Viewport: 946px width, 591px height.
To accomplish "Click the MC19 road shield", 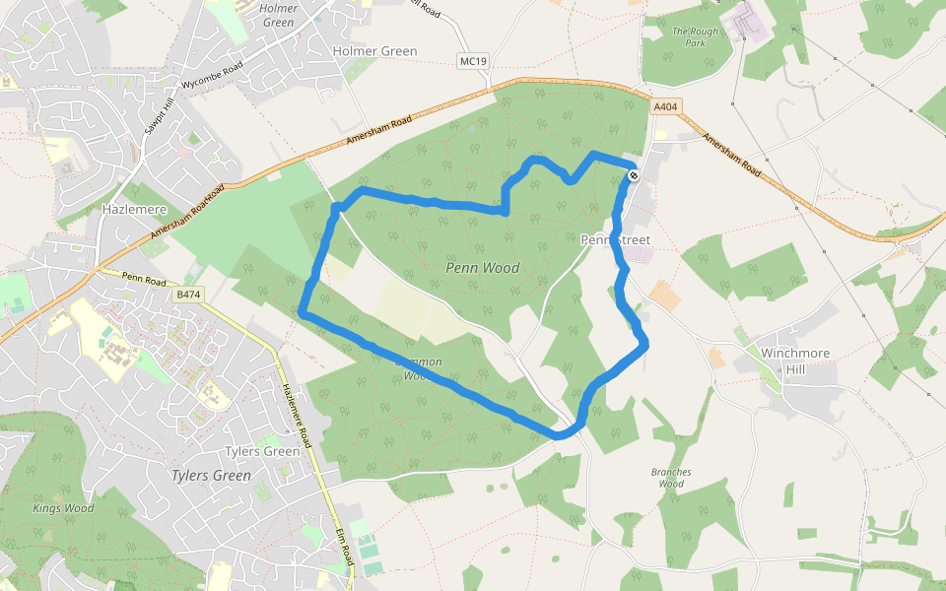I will (474, 61).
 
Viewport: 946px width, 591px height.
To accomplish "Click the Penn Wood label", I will (483, 268).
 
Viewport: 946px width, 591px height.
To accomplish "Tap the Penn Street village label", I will (617, 240).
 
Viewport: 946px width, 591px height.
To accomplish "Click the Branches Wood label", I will (671, 478).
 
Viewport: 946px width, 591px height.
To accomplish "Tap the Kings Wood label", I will (63, 508).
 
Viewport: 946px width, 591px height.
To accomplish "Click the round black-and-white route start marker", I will (634, 175).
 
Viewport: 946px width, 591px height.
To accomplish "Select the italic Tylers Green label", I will (211, 475).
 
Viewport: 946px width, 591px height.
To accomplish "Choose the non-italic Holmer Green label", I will (374, 51).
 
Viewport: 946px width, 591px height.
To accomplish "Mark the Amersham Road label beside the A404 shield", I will (733, 156).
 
